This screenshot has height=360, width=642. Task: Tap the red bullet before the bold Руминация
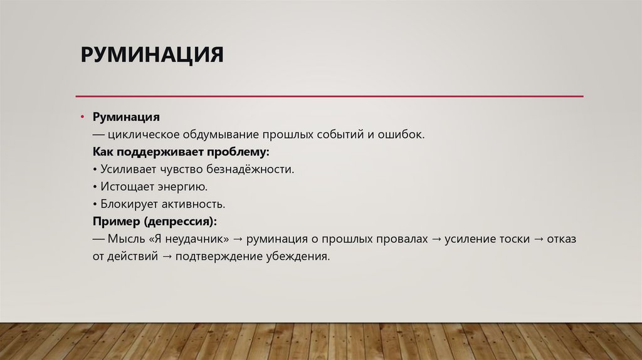pos(82,117)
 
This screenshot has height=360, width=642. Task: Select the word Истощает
pos(123,187)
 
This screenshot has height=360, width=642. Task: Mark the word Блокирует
pos(127,204)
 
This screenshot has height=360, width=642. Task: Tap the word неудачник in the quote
pos(194,240)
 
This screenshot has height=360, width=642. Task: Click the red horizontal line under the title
pos(329,96)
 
